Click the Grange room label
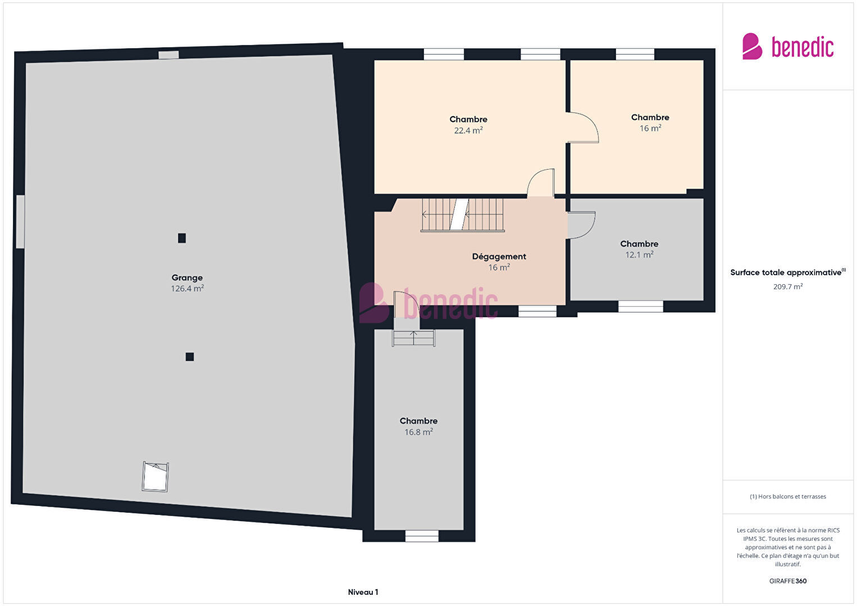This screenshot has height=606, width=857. click(187, 278)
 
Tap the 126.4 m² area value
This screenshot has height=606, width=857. click(187, 289)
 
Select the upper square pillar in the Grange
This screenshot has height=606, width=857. click(182, 238)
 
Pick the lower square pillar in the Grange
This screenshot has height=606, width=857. click(190, 357)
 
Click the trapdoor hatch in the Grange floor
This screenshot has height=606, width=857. click(156, 477)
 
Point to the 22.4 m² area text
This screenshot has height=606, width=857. click(468, 130)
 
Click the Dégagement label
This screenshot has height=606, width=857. click(499, 256)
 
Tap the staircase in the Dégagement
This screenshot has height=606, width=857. click(463, 215)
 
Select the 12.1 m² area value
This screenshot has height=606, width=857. click(639, 255)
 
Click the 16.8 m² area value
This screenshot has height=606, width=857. click(418, 432)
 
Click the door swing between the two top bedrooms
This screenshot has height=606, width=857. click(583, 127)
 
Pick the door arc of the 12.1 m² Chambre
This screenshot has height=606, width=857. click(581, 225)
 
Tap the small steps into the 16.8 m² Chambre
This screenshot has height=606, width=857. click(413, 338)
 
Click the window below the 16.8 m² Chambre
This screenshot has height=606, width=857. click(422, 536)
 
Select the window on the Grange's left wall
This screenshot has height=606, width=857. click(20, 221)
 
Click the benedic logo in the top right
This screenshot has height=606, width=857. click(788, 46)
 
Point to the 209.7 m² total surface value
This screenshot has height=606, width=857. click(788, 286)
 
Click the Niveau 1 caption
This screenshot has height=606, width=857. click(363, 592)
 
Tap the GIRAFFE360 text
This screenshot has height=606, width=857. click(788, 581)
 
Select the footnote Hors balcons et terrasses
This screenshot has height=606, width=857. click(788, 496)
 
